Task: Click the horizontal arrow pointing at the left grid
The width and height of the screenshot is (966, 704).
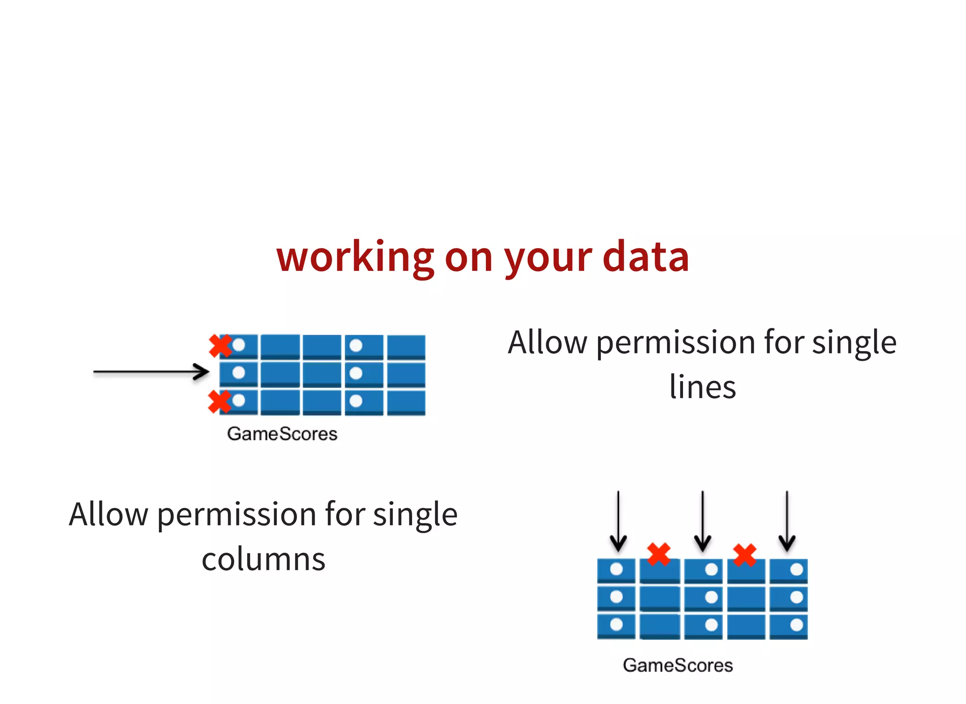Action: point(151,372)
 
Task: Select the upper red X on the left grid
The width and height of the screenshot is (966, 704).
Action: point(220,345)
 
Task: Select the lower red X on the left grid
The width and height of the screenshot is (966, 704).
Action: point(219,402)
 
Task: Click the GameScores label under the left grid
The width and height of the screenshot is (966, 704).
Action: point(282,434)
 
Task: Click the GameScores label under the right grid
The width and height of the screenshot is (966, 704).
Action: point(678,665)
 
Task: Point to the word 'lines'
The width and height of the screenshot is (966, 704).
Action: point(702,387)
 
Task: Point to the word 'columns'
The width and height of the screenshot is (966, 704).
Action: point(263,560)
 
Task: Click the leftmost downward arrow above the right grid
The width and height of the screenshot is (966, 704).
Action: point(618,521)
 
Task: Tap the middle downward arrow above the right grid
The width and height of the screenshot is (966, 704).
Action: point(702,521)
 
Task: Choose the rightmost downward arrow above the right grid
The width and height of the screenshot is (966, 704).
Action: point(787,521)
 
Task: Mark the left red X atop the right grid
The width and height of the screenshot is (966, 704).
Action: point(659,554)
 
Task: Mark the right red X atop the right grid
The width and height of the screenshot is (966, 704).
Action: point(745,555)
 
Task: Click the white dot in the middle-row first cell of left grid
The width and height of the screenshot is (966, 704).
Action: point(239,373)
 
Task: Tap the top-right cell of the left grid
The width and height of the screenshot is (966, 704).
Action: point(406,346)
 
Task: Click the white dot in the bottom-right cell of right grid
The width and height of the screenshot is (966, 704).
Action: point(797,625)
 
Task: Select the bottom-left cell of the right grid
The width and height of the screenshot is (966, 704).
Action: point(616,626)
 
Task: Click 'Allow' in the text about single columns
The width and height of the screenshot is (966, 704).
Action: point(108,514)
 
